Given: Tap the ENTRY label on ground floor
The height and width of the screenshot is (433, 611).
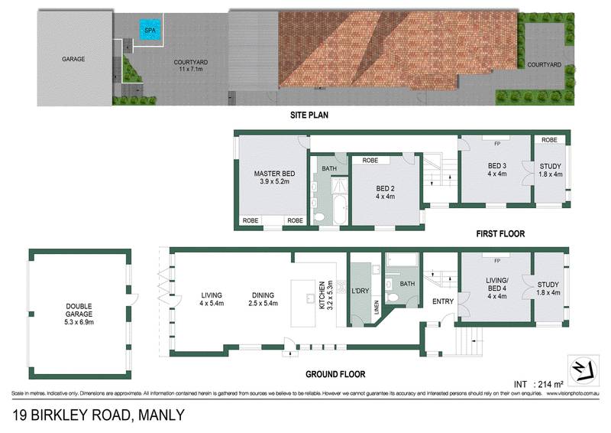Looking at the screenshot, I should click(x=442, y=301).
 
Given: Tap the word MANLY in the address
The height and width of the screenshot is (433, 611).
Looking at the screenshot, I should click(x=160, y=415).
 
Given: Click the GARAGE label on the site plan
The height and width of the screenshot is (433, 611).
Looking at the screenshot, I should click(x=73, y=59).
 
